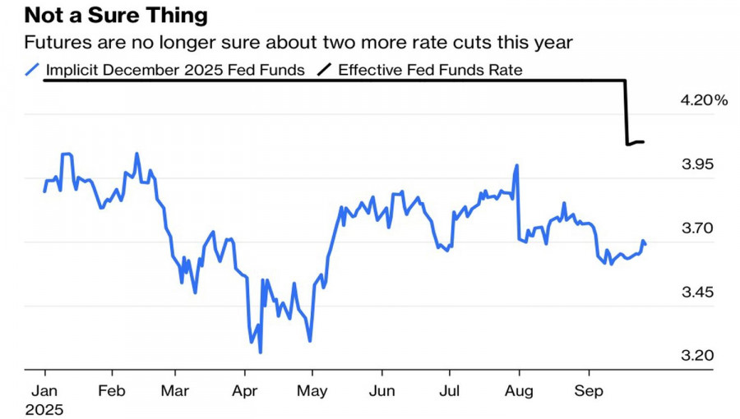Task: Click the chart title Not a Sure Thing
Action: (116, 15)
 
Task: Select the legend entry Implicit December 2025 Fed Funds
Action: (175, 70)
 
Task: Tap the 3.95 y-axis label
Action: (700, 165)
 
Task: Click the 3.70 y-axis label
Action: (700, 228)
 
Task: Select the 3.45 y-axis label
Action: (700, 293)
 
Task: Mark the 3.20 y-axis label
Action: (700, 356)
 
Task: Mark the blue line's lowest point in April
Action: (261, 352)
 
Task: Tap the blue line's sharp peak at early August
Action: (517, 165)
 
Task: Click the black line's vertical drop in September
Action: (627, 112)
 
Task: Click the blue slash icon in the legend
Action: (33, 70)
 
